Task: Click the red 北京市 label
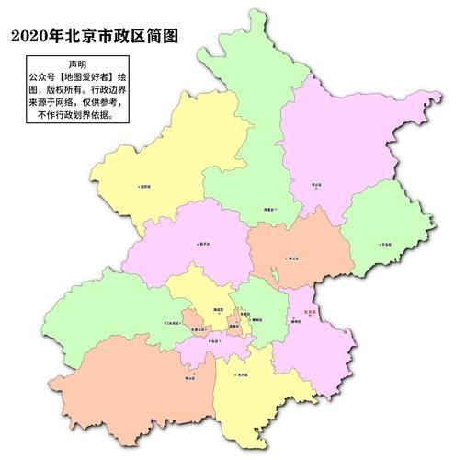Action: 309,312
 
